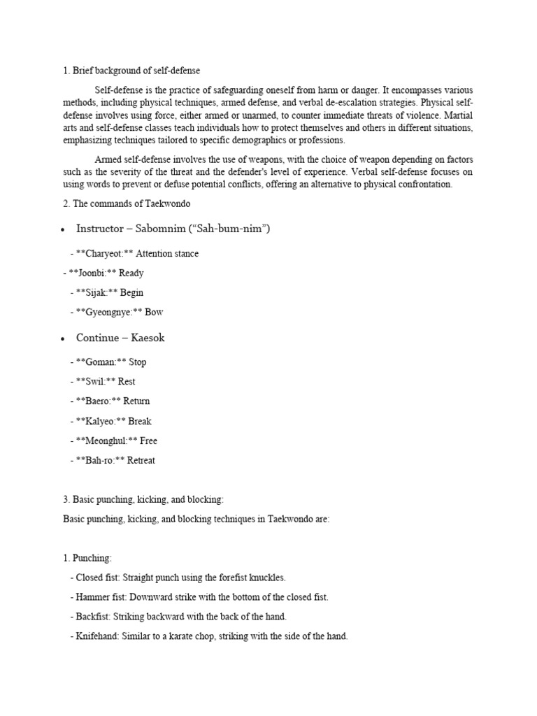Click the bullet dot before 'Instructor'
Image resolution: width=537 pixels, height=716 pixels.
pos(64,229)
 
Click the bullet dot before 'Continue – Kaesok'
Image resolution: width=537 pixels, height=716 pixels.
pos(64,338)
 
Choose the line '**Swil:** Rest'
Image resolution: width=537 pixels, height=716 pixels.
pos(103,382)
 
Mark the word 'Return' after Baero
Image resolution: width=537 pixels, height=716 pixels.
pos(136,401)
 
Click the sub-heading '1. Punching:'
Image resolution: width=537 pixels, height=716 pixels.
pos(87,558)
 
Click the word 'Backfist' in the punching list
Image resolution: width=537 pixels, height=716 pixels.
pos(92,617)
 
